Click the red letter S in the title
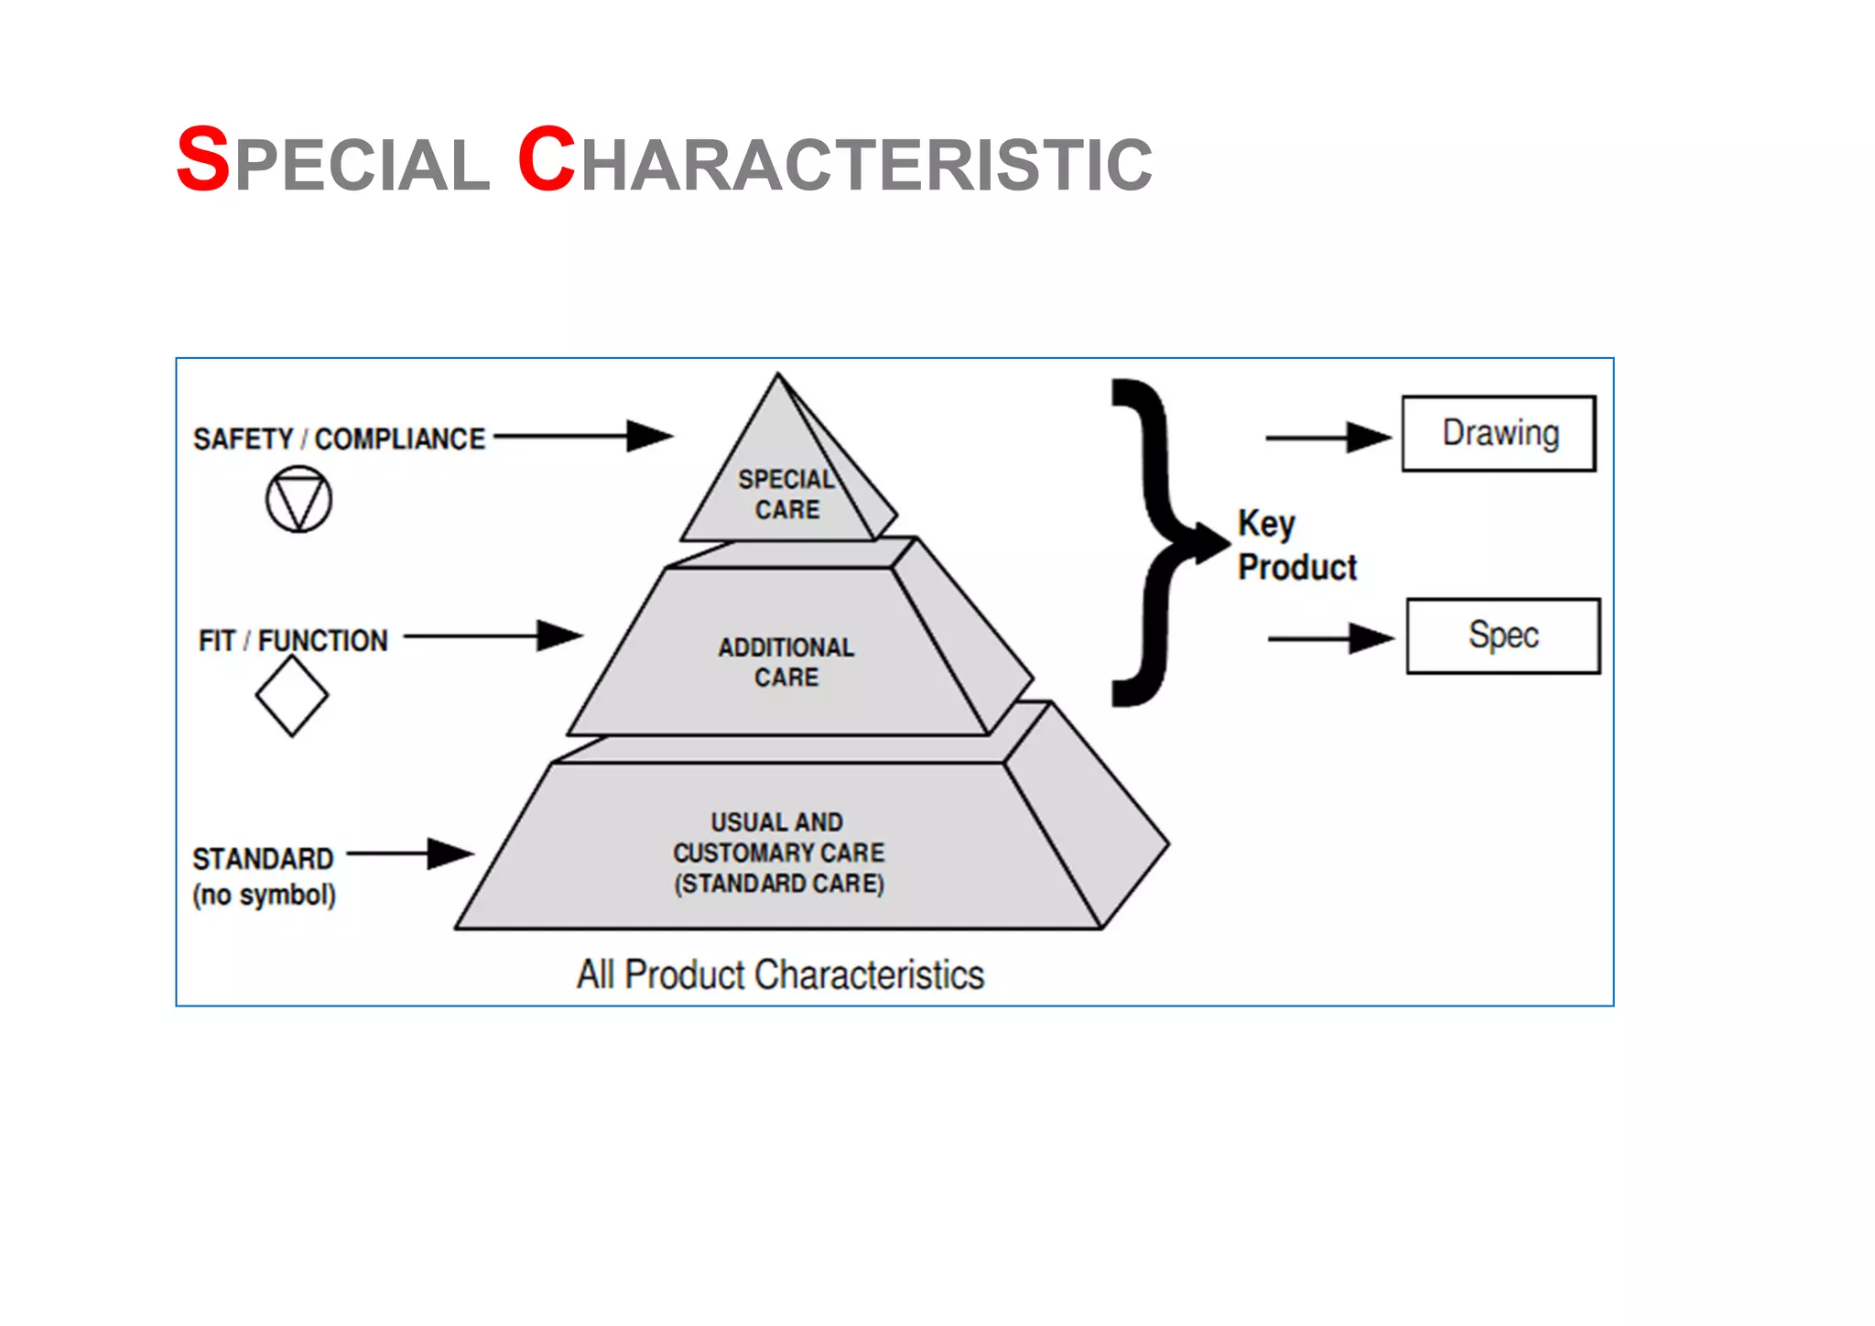[202, 160]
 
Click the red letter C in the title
[546, 160]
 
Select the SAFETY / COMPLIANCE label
[339, 439]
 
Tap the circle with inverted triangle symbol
[298, 499]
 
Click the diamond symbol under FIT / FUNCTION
[292, 696]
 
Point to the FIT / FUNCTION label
[293, 640]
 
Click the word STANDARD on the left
[263, 859]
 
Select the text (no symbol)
[264, 895]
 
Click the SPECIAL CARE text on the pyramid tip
[786, 495]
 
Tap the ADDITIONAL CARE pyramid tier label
[786, 662]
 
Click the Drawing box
[1499, 433]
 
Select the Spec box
[1502, 636]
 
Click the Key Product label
[1295, 546]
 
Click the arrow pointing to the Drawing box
[1328, 438]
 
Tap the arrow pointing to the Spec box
[1330, 638]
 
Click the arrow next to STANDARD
[409, 853]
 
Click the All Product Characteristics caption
[780, 974]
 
